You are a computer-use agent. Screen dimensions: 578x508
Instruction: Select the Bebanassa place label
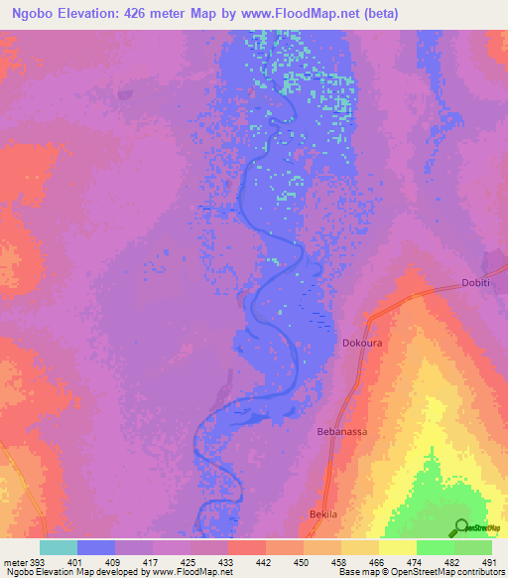click(x=341, y=432)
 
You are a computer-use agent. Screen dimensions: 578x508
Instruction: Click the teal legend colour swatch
click(x=59, y=547)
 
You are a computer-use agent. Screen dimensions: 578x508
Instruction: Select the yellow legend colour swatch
click(x=398, y=547)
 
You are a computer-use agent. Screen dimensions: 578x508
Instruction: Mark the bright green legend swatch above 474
click(x=436, y=547)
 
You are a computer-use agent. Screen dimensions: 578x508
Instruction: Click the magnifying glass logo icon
click(x=460, y=526)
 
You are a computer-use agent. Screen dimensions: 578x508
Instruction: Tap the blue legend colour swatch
click(x=96, y=547)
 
